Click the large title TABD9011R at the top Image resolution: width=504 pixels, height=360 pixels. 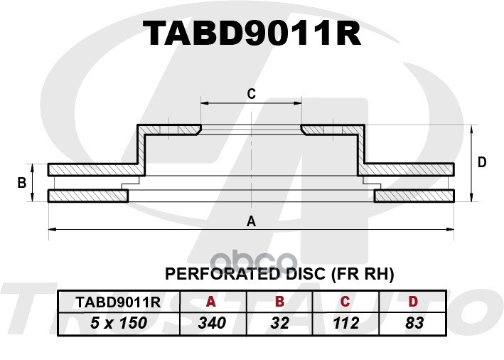(x=252, y=33)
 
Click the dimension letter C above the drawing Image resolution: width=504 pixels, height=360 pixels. (x=252, y=94)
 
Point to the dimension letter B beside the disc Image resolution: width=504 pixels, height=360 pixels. (x=22, y=183)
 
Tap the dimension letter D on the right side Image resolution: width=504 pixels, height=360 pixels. (x=482, y=162)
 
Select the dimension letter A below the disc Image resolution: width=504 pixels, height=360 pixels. (x=251, y=221)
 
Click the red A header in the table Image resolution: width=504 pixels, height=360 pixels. (x=211, y=302)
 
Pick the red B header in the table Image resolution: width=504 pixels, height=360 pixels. (x=280, y=302)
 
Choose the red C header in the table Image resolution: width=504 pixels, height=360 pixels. (x=345, y=302)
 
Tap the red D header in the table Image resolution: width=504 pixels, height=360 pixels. (x=413, y=302)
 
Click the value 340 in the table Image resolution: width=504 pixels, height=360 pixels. (x=212, y=323)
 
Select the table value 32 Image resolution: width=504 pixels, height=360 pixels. (x=280, y=323)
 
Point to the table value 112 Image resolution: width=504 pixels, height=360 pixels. (x=346, y=323)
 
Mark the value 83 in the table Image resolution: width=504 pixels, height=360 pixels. (x=414, y=323)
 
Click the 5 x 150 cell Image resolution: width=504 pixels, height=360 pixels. (x=119, y=323)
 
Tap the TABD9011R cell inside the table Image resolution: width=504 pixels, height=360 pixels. (x=118, y=302)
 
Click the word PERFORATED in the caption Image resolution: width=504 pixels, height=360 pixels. (x=222, y=274)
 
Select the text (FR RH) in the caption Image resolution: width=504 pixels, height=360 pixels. (x=363, y=275)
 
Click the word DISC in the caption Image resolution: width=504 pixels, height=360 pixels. (x=305, y=274)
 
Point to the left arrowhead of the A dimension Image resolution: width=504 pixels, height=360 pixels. (x=53, y=229)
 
